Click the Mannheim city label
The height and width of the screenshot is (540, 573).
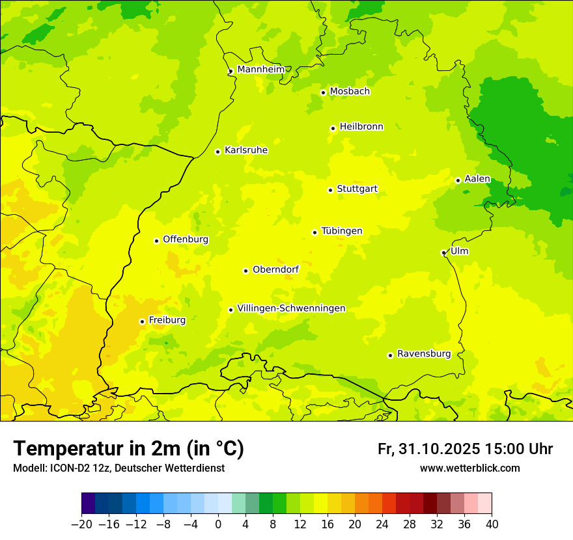pyautogui.click(x=260, y=69)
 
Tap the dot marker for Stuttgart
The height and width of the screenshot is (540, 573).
pyautogui.click(x=330, y=190)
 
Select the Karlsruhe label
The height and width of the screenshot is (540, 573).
pyautogui.click(x=245, y=150)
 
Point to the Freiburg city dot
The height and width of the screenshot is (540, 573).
pyautogui.click(x=142, y=321)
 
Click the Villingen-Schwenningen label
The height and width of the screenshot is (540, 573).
pyautogui.click(x=291, y=308)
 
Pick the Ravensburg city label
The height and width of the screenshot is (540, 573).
pyautogui.click(x=423, y=354)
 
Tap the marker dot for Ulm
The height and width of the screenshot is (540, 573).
pyautogui.click(x=443, y=252)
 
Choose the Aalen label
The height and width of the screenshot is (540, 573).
pyautogui.click(x=477, y=179)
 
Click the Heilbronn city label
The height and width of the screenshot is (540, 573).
pyautogui.click(x=361, y=127)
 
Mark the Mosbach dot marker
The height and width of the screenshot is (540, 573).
pyautogui.click(x=323, y=92)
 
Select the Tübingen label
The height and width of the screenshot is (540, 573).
pyautogui.click(x=341, y=231)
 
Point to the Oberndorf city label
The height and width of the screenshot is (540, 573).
pyautogui.click(x=275, y=269)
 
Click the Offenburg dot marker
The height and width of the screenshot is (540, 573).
pyautogui.click(x=156, y=241)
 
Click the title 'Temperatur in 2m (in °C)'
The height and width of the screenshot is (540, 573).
pyautogui.click(x=128, y=448)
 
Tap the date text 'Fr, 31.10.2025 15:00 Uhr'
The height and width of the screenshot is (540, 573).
pyautogui.click(x=465, y=449)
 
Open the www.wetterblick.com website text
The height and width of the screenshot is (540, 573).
pyautogui.click(x=469, y=468)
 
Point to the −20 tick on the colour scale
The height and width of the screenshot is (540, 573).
pyautogui.click(x=82, y=524)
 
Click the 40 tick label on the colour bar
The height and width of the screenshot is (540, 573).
pyautogui.click(x=492, y=524)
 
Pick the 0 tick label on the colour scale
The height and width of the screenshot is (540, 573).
pyautogui.click(x=218, y=524)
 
